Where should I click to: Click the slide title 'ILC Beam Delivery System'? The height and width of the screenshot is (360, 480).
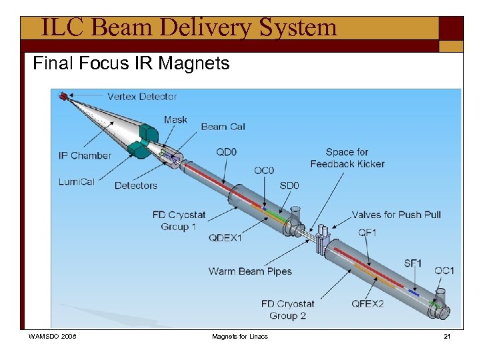point(189,28)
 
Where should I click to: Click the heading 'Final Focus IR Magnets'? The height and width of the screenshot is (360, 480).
point(131,64)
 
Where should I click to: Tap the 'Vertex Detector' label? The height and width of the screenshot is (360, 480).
point(142,97)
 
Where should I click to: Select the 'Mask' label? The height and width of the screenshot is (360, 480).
point(175,120)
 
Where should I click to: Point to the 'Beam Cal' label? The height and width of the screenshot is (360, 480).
point(223,127)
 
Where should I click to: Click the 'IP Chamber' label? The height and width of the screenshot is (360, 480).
point(85,156)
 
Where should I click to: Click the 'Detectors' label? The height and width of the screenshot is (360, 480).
point(135,185)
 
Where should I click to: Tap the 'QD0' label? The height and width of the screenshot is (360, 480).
point(226,152)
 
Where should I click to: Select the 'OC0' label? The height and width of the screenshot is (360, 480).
point(263,171)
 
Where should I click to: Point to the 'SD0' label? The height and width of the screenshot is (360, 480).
point(289,185)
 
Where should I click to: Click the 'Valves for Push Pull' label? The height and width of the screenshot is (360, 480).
point(396,215)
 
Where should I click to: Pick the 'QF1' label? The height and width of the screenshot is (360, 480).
point(368,233)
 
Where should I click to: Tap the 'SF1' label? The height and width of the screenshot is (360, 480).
point(413,263)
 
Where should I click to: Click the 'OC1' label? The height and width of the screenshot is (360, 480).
point(444,271)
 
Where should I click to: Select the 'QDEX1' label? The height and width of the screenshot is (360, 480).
point(225,238)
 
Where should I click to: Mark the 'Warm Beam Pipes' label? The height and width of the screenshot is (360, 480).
point(250,271)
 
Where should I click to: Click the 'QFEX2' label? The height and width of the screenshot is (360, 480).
point(368,304)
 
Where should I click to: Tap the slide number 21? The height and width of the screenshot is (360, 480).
point(447,337)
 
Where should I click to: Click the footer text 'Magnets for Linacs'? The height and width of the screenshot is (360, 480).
point(239,337)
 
